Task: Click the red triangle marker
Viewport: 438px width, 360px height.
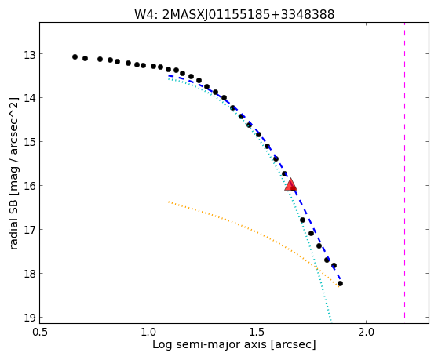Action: (x=290, y=185)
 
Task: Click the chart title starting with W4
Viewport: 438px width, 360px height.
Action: (x=235, y=14)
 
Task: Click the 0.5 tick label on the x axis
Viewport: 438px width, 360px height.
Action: (x=39, y=333)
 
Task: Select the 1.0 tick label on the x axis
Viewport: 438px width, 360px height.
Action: (x=148, y=333)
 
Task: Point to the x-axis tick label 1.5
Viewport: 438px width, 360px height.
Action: (x=257, y=333)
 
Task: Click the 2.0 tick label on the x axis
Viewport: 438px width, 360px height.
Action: (x=366, y=333)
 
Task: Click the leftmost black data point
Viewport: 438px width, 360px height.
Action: (x=75, y=57)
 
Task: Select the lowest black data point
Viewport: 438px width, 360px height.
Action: (x=340, y=284)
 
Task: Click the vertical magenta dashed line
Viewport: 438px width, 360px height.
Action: (x=404, y=170)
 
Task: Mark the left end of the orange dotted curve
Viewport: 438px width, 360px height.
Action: (x=169, y=202)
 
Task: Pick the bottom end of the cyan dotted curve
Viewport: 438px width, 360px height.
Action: (x=330, y=321)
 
